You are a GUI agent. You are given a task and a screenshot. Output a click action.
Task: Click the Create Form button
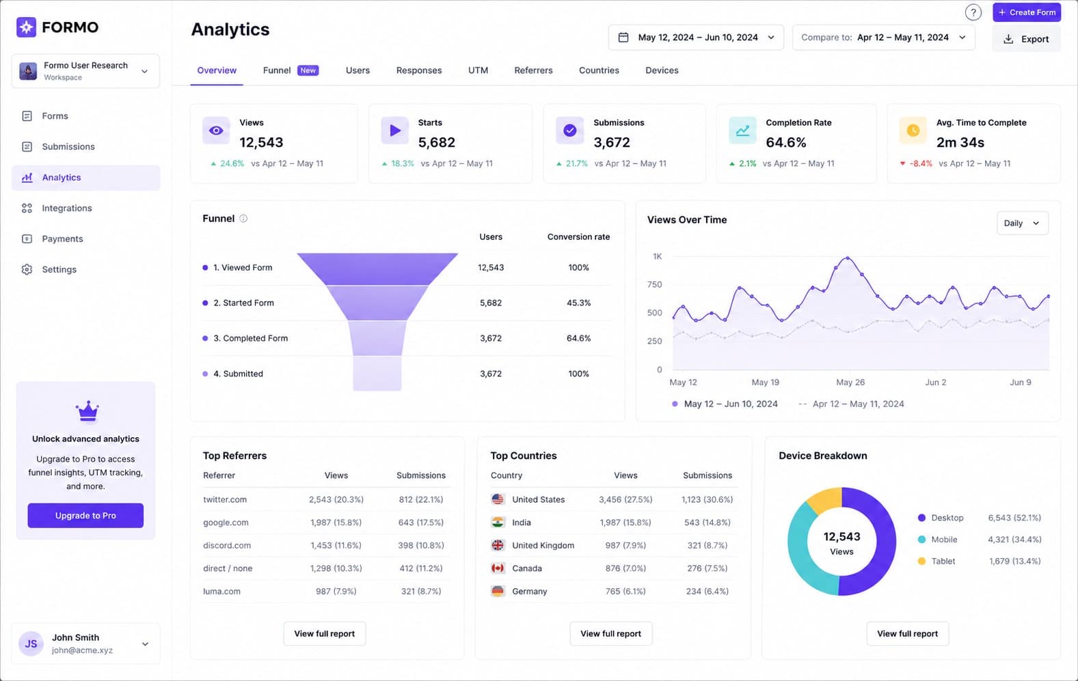click(x=1026, y=12)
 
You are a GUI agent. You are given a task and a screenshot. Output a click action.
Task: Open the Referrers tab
click(x=533, y=70)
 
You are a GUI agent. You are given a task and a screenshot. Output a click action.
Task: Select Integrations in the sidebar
click(x=67, y=208)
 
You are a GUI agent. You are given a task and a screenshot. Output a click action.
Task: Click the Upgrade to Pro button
click(x=85, y=516)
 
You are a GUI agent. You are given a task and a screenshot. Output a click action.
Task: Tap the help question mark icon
click(x=973, y=12)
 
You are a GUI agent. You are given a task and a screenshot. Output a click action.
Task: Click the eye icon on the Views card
click(x=216, y=130)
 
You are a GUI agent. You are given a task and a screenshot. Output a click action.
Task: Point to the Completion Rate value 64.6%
click(x=786, y=142)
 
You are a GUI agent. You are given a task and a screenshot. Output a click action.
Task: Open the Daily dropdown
click(x=1022, y=223)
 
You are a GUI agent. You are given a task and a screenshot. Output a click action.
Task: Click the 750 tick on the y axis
click(x=654, y=285)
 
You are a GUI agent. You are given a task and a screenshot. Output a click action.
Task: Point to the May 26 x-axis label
click(x=850, y=383)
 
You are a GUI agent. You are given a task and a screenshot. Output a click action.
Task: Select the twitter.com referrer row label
click(x=225, y=500)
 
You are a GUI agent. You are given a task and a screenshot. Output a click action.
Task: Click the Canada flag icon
click(x=498, y=568)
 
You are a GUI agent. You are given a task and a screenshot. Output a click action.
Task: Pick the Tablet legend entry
click(x=936, y=561)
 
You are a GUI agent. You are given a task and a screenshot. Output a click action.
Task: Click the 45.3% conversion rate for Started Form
click(x=578, y=303)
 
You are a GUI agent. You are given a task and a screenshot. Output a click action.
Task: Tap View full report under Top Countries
click(x=610, y=634)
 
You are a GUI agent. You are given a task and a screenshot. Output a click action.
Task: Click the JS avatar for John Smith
click(x=31, y=644)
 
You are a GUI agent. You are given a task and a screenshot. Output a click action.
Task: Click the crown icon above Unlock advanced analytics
click(x=87, y=412)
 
